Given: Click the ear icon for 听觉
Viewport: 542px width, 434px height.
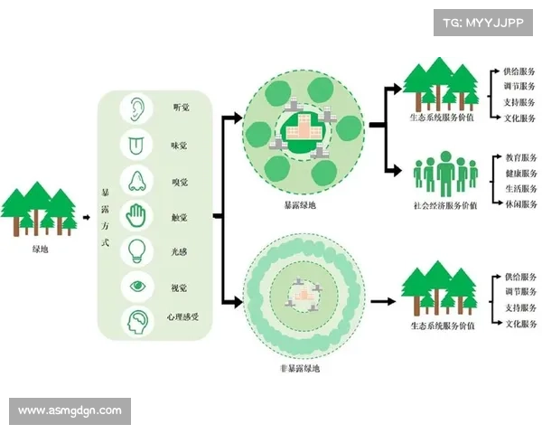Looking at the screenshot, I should [x=136, y=108].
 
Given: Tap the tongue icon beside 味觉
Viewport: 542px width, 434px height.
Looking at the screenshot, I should [x=136, y=144].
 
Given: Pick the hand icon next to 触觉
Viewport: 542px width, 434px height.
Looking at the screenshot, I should [x=136, y=216].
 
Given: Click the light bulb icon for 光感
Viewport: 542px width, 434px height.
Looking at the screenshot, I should [x=136, y=250].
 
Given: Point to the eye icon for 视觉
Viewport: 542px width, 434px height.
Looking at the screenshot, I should [x=136, y=287].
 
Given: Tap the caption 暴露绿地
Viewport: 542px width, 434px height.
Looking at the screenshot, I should [x=300, y=204].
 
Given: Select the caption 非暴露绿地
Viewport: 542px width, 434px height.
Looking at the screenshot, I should [x=300, y=367].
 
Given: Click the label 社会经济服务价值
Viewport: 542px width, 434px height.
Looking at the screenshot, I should [x=444, y=204].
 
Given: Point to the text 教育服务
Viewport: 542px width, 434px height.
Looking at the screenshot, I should [x=520, y=157].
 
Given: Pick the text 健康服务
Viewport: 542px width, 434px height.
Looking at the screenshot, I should [x=520, y=173].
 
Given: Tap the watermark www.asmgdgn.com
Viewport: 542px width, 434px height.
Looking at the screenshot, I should [x=70, y=410].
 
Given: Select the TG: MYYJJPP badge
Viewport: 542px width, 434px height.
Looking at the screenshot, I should [x=482, y=22].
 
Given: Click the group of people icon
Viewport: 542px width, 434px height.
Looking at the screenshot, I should [x=444, y=174].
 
